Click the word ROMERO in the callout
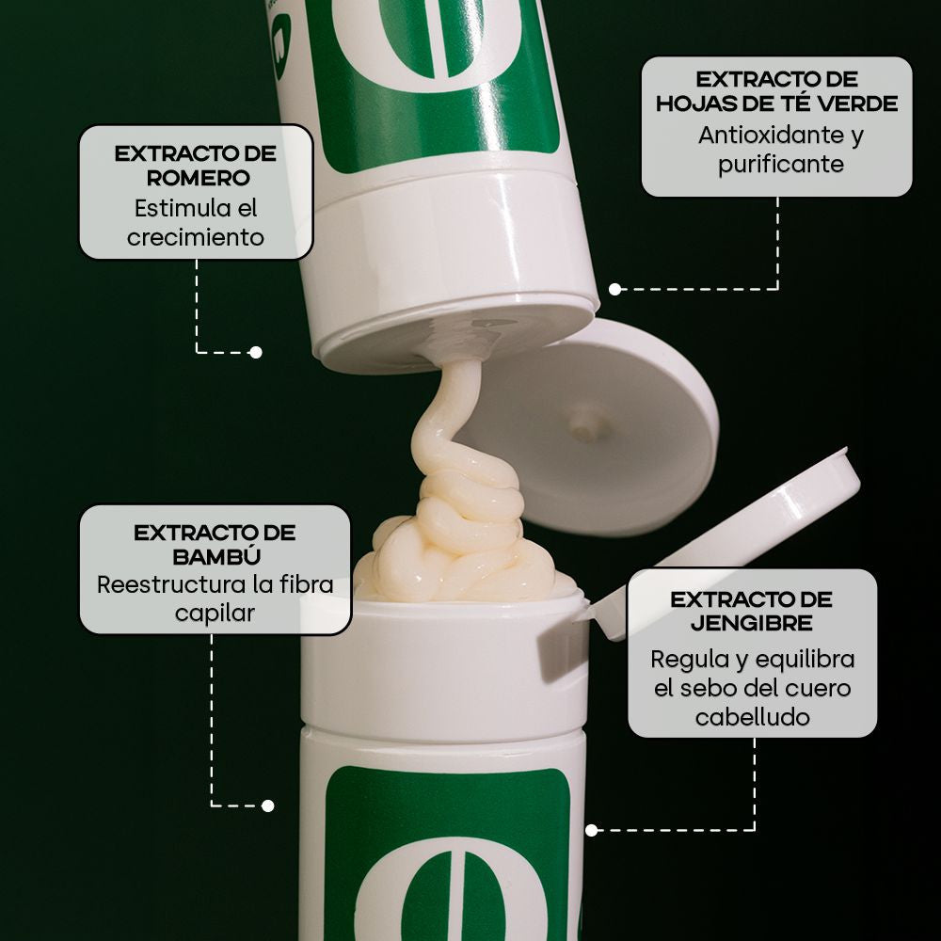(x=198, y=178)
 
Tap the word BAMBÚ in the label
(x=216, y=556)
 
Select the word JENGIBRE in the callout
(x=751, y=623)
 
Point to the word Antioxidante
(x=771, y=135)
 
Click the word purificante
(x=781, y=165)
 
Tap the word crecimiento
(x=196, y=238)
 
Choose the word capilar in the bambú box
(x=215, y=614)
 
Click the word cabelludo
(x=753, y=717)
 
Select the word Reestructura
(x=171, y=584)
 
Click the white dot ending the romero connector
(x=256, y=352)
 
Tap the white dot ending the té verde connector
(x=615, y=289)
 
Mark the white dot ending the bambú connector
(x=267, y=805)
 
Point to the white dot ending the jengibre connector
(x=592, y=831)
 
